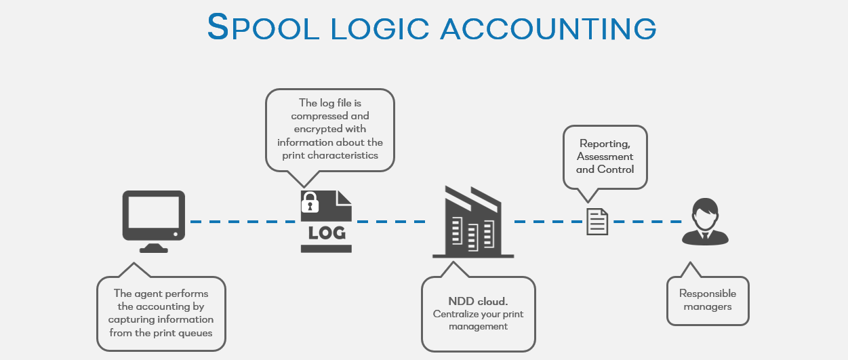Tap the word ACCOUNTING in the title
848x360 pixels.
click(548, 28)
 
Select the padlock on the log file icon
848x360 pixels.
click(310, 202)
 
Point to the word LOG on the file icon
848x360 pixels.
click(327, 233)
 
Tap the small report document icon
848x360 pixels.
click(597, 222)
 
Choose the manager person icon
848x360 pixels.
click(705, 222)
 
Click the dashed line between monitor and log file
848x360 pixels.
click(243, 222)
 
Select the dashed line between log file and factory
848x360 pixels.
click(390, 222)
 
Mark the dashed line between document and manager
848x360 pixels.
click(647, 222)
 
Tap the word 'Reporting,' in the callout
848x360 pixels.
click(605, 144)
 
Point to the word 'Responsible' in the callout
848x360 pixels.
click(708, 294)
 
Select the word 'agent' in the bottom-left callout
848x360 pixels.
click(148, 294)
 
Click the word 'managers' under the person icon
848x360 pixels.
click(708, 306)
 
